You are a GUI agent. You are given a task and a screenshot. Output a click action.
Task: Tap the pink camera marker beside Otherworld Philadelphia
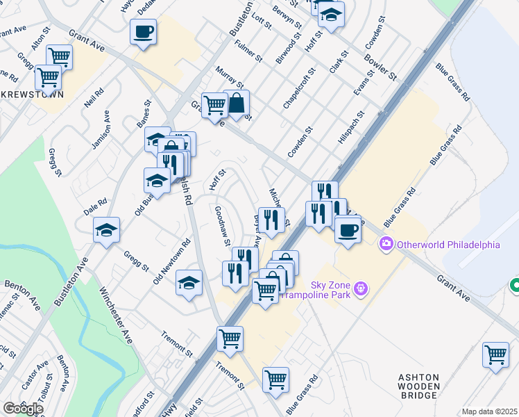coord(386,245)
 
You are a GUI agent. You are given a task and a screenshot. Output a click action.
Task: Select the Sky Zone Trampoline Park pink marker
coord(359,288)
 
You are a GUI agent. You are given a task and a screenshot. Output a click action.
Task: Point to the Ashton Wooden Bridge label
coord(418,386)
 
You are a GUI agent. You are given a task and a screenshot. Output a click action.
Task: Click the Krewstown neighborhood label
coord(31,94)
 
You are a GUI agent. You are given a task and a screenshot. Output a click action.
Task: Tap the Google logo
coord(22,409)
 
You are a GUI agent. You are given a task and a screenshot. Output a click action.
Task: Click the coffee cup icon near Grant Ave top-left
coord(143,32)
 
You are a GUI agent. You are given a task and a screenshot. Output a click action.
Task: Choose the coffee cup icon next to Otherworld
coord(348,229)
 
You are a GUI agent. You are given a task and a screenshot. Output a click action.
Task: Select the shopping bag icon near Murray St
coord(237,104)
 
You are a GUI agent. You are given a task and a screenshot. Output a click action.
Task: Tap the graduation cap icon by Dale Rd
coord(106,230)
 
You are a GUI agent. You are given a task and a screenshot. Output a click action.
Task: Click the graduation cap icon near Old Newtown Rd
coord(189,282)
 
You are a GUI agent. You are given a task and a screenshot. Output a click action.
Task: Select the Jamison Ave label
coord(101,129)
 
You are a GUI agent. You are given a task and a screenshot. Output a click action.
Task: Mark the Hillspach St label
coord(350,128)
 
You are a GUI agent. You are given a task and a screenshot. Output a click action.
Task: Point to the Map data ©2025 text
coord(490,411)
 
